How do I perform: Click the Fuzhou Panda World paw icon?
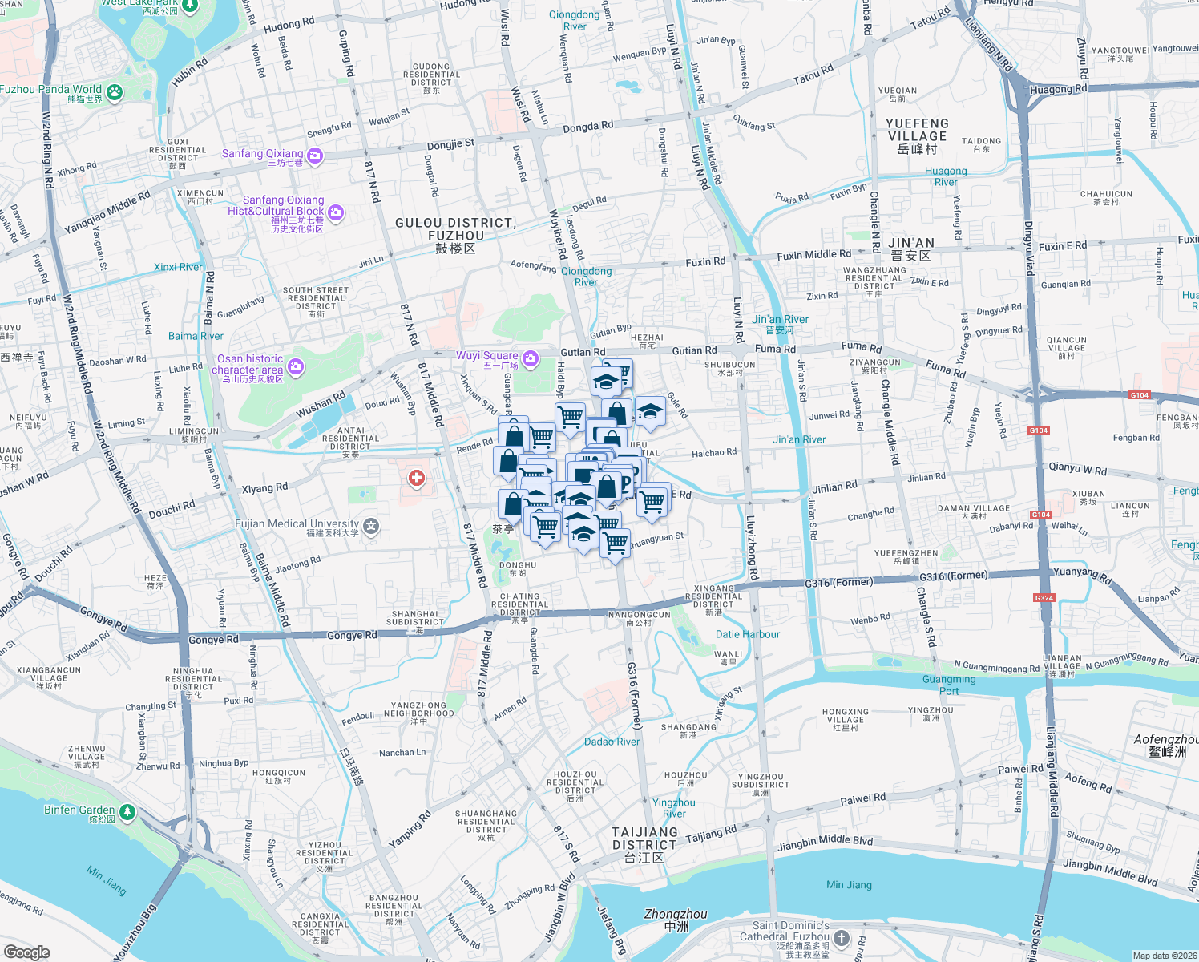115,92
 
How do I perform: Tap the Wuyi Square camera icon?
530,358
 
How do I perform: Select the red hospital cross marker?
416,479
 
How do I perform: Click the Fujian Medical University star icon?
370,526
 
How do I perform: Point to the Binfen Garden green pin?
128,812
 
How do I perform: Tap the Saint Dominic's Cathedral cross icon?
841,937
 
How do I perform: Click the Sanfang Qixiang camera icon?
315,156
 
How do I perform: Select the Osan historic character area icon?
296,366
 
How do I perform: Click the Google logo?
27,952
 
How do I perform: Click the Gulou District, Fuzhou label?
455,234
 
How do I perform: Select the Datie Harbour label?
747,634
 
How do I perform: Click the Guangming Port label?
949,685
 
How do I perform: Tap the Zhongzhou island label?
676,919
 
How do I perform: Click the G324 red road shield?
1044,598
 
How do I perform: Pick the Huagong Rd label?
1058,89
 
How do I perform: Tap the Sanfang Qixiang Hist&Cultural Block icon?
336,212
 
